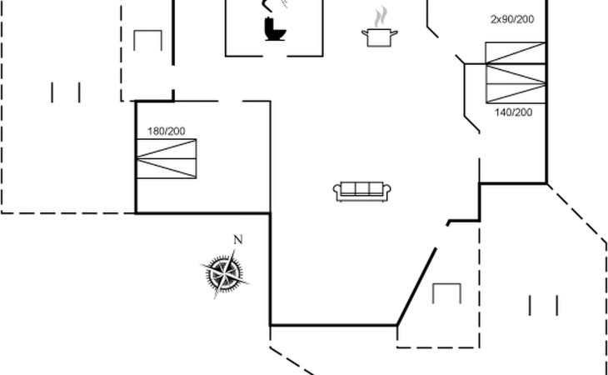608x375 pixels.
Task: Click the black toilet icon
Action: click(275, 28)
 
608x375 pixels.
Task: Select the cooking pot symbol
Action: click(380, 37)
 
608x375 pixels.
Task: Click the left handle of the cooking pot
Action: click(365, 33)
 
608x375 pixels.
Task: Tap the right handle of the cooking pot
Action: click(394, 33)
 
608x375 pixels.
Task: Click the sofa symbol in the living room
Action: click(361, 192)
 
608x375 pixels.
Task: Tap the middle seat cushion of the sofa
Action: click(361, 188)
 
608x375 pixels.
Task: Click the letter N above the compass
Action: click(238, 240)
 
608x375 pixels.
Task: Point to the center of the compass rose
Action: click(225, 274)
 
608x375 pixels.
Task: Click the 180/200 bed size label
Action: click(167, 132)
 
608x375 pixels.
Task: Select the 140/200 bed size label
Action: click(513, 112)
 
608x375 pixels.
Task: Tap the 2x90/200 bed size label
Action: click(512, 19)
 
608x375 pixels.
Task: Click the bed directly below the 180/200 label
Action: click(167, 158)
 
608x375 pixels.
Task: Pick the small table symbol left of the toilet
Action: click(147, 40)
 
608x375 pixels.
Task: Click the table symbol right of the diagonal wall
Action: click(446, 293)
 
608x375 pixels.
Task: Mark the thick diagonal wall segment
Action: click(416, 287)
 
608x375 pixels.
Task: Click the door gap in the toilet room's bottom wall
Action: click(275, 57)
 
